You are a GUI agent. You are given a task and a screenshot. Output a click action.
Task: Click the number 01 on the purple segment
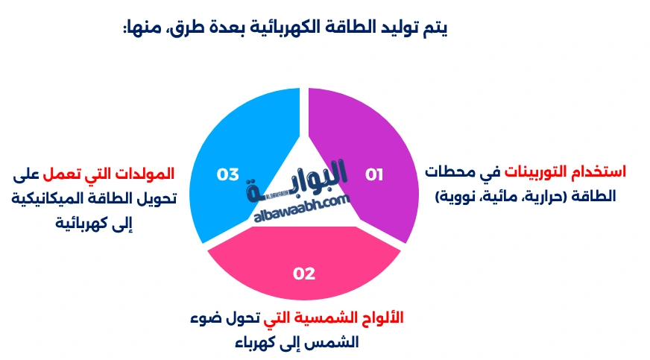[373, 174]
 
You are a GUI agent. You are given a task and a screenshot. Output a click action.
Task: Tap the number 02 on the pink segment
[304, 274]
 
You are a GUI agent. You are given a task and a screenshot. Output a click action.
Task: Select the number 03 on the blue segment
[227, 174]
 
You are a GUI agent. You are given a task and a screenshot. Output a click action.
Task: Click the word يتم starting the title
[436, 28]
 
